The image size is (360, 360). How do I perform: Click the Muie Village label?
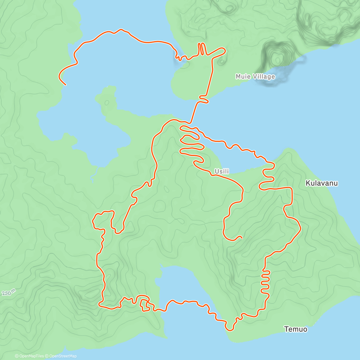255,76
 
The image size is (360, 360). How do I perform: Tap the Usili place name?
222,171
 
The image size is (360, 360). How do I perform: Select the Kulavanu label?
322,183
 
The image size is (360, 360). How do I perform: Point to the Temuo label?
295,329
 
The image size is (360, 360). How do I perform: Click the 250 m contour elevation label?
8,293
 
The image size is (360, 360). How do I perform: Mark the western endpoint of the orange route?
65,85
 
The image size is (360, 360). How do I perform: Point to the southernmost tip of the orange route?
230,330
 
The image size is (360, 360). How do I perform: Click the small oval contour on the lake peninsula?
107,102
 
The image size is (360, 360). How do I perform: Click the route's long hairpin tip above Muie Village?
223,49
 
